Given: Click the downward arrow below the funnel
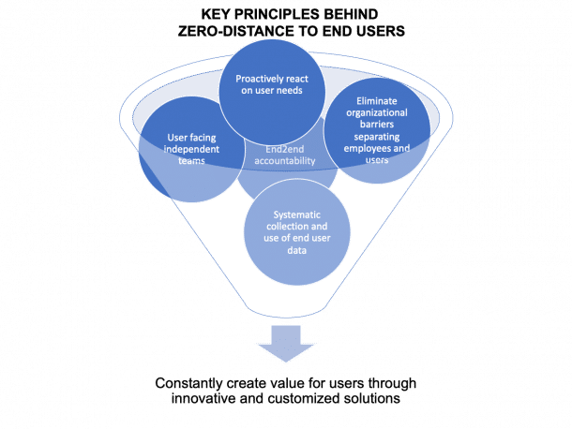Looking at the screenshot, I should (286, 342).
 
